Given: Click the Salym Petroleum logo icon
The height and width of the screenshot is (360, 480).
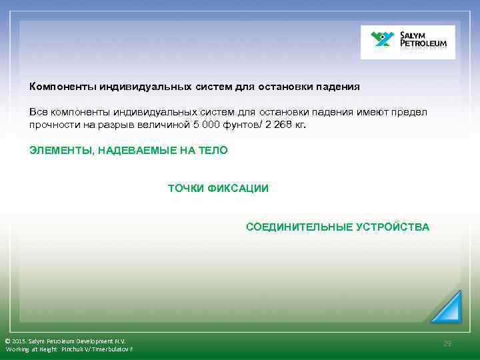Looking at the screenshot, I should pyautogui.click(x=382, y=41).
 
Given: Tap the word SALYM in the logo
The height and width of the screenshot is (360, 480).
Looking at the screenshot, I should pyautogui.click(x=417, y=35).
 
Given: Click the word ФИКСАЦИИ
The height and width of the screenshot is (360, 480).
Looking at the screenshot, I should pyautogui.click(x=238, y=189).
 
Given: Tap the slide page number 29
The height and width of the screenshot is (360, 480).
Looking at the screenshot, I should pyautogui.click(x=447, y=343).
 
